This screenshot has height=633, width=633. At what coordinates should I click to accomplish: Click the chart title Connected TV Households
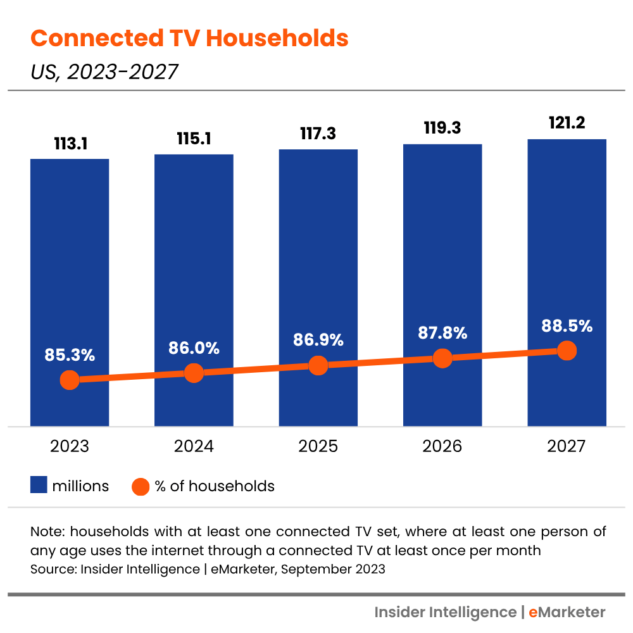(x=189, y=39)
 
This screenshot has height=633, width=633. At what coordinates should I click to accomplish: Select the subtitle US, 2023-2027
(x=104, y=72)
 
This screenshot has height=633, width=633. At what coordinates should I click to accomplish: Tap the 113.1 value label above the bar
(x=70, y=144)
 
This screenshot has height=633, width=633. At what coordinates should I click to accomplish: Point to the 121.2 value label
(x=567, y=124)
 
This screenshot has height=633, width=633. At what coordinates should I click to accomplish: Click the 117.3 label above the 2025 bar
(x=318, y=134)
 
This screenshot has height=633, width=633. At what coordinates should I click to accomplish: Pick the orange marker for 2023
(x=70, y=380)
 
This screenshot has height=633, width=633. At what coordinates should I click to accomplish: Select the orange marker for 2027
(x=567, y=351)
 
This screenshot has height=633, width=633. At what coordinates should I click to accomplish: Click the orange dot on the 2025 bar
(x=318, y=365)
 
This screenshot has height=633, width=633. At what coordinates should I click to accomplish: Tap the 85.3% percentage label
(x=70, y=355)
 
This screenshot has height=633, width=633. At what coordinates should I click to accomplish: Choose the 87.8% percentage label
(x=442, y=333)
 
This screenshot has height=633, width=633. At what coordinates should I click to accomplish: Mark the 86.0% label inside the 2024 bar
(x=194, y=348)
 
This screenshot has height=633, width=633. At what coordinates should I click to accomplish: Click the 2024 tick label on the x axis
(x=194, y=446)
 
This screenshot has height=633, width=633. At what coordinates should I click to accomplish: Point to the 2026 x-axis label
(x=442, y=446)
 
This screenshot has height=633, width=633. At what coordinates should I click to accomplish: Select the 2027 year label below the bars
(x=567, y=446)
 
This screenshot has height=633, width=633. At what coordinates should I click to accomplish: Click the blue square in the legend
(x=39, y=486)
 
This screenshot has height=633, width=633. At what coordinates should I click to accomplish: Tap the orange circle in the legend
(x=140, y=486)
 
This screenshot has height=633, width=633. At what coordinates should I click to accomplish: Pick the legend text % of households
(x=215, y=486)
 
